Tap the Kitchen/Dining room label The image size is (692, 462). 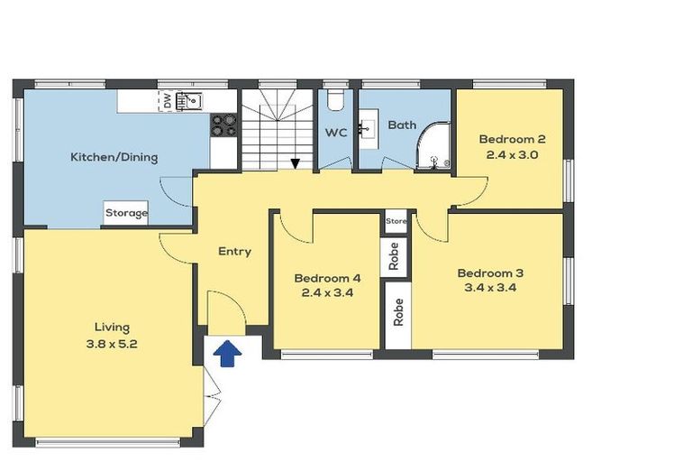click(114, 157)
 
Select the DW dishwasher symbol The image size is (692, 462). click(167, 101)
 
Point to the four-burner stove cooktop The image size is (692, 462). click(223, 125)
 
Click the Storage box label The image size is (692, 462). click(126, 214)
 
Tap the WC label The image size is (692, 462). click(336, 133)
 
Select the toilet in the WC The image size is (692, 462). click(336, 97)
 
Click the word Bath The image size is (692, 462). click(402, 125)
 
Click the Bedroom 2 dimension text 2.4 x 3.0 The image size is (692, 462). click(512, 154)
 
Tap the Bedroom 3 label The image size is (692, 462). click(489, 273)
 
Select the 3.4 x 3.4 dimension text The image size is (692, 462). click(489, 289)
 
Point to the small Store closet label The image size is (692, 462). click(396, 221)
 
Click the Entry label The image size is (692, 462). click(234, 252)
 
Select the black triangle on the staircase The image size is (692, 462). click(295, 163)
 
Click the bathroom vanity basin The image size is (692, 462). click(367, 128)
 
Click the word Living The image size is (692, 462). click(113, 327)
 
